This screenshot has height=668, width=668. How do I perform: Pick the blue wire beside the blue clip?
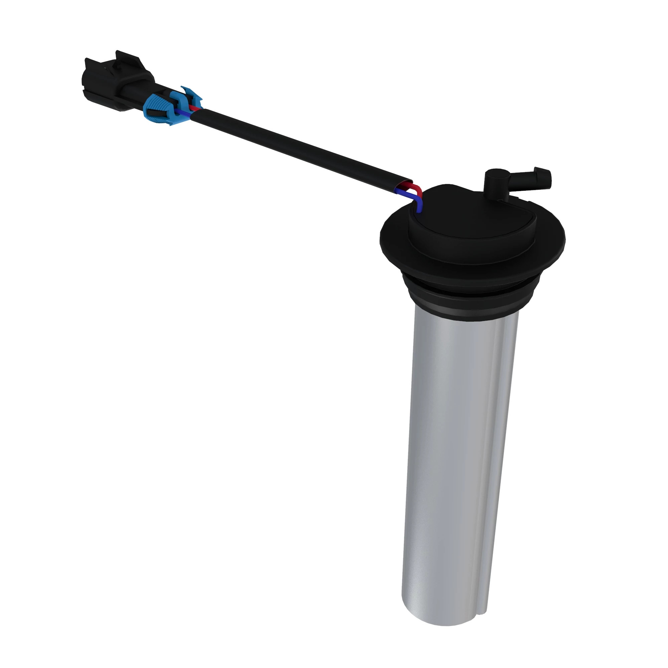click(183, 113)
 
